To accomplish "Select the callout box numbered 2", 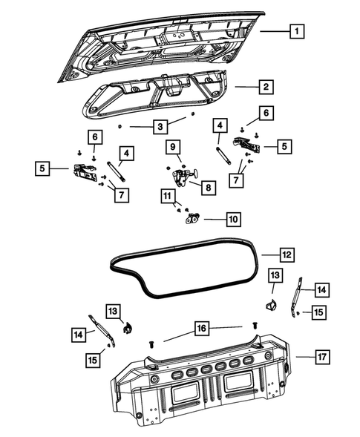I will [264, 88].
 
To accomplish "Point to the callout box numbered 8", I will [207, 188].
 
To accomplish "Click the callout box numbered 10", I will [233, 219].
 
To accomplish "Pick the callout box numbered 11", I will [170, 196].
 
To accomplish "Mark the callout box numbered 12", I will [287, 254].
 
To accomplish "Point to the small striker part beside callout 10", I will [194, 218].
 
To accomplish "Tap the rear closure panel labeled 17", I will [200, 386].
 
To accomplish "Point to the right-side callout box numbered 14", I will [320, 289].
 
